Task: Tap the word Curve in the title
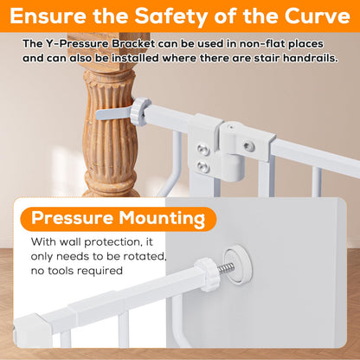[x=318, y=16]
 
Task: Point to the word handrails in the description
[x=310, y=58]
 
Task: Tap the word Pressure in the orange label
[x=72, y=218]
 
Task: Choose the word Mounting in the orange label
[x=162, y=219]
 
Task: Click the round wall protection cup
[x=238, y=265]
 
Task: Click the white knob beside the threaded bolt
[x=207, y=274]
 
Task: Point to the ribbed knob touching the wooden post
[x=140, y=112]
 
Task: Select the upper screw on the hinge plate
[x=203, y=149]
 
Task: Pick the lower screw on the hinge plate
[x=202, y=166]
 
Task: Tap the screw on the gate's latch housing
[x=248, y=146]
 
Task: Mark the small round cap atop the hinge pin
[x=233, y=127]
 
